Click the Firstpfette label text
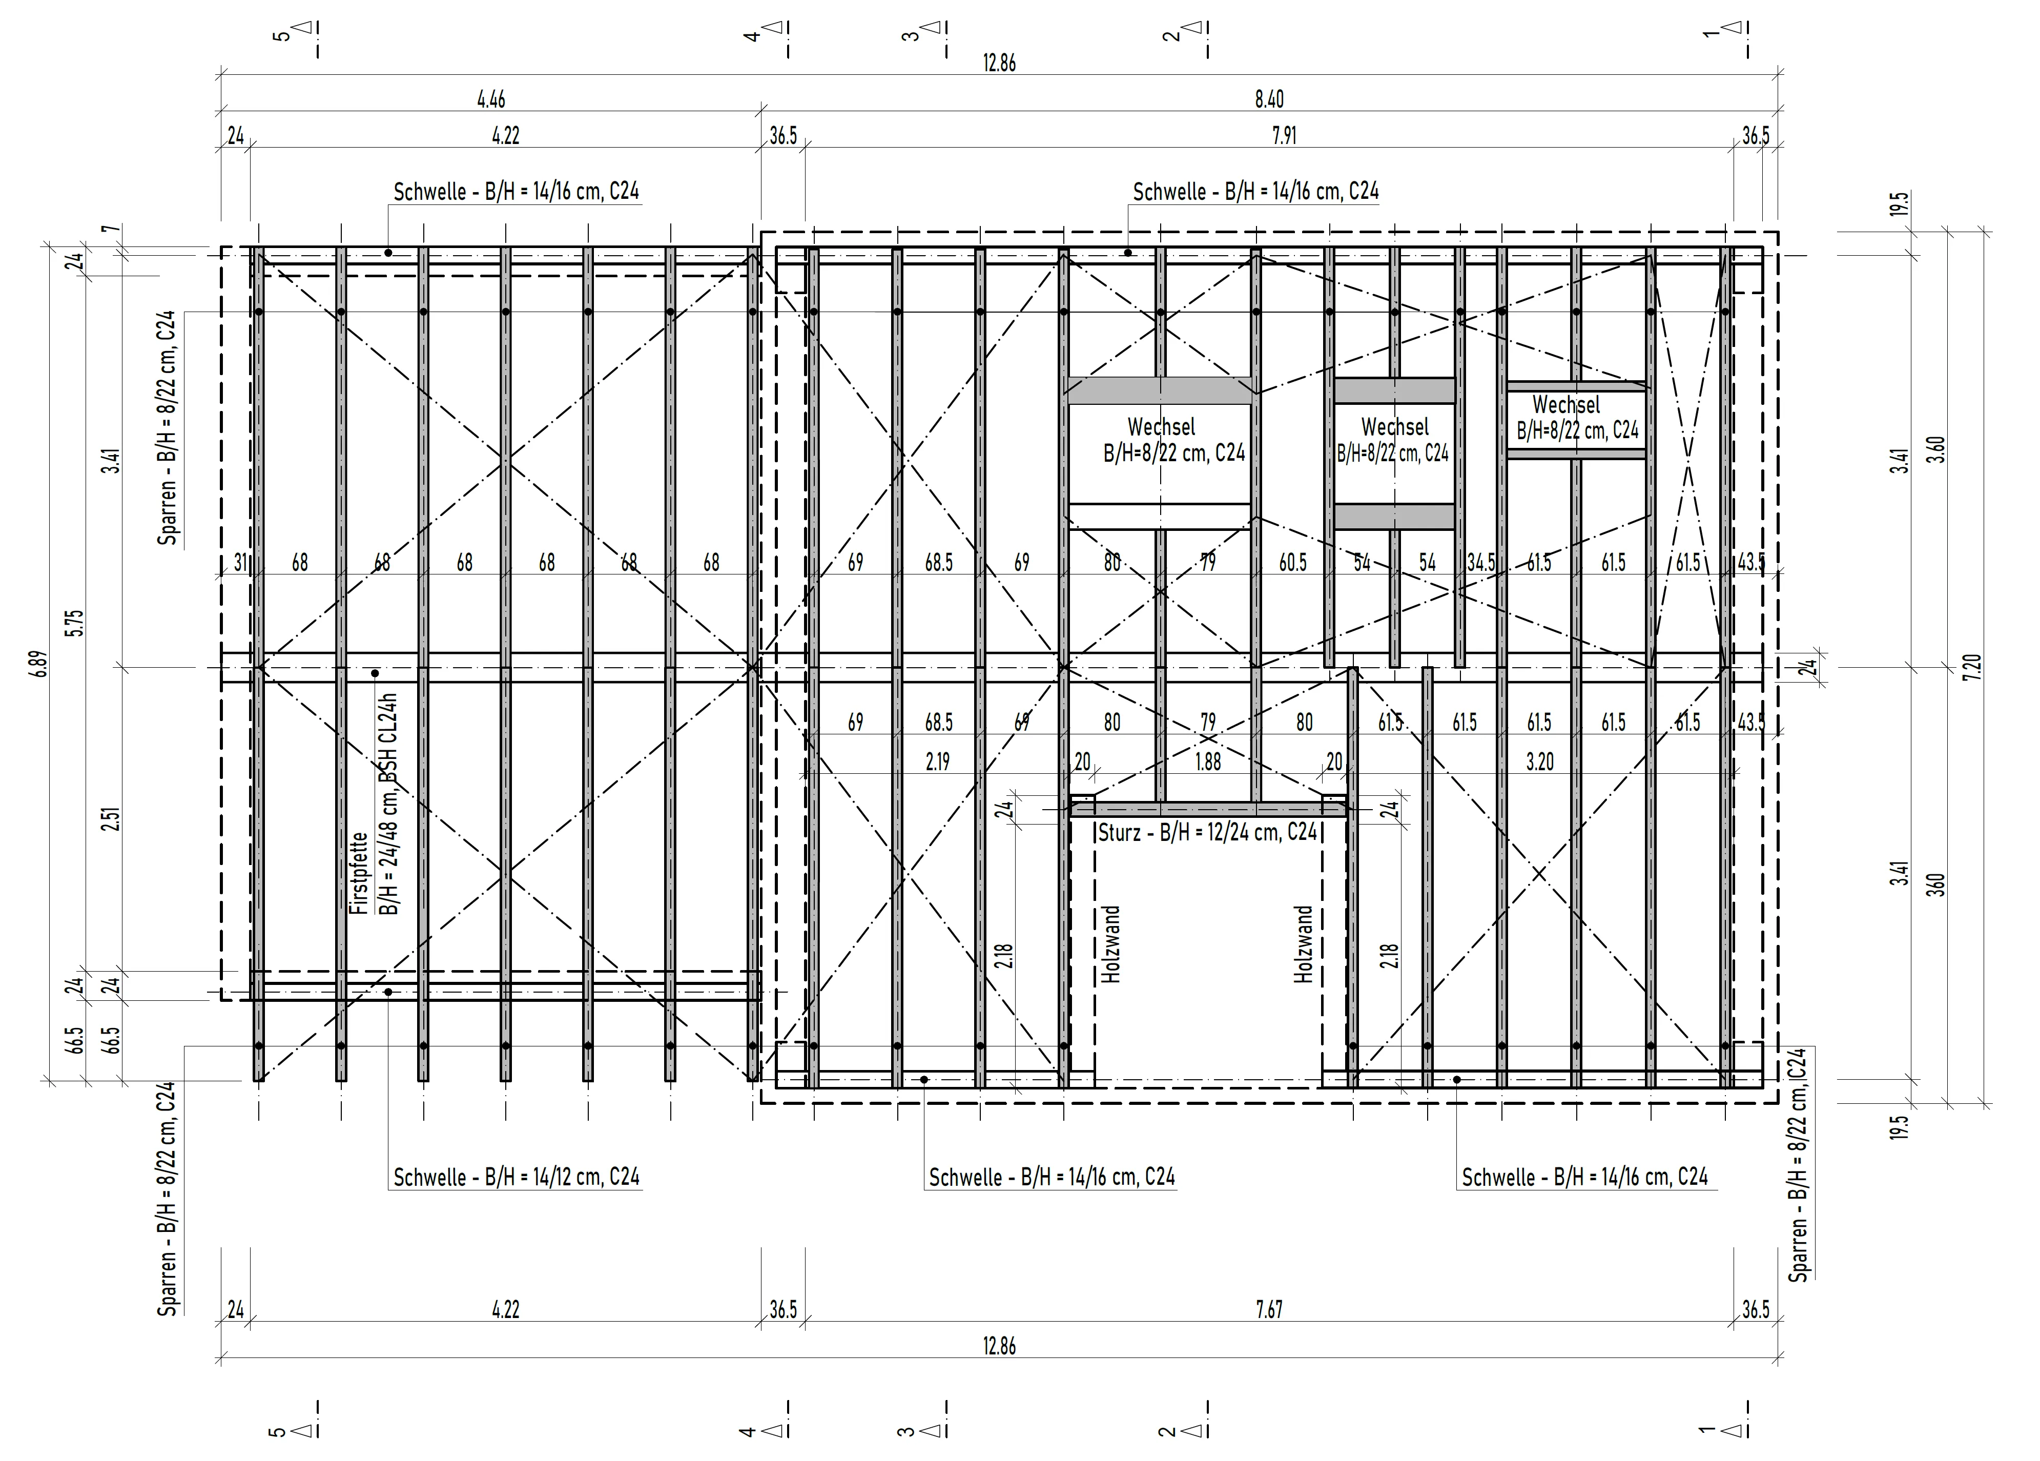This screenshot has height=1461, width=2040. pyautogui.click(x=359, y=873)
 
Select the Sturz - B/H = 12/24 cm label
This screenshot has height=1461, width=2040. pyautogui.click(x=1208, y=832)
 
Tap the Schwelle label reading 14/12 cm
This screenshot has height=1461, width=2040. pyautogui.click(x=517, y=1177)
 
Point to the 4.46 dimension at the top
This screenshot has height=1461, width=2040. pyautogui.click(x=491, y=99)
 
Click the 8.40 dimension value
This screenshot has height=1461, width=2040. pyautogui.click(x=1269, y=99)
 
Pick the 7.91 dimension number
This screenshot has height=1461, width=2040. pyautogui.click(x=1285, y=136)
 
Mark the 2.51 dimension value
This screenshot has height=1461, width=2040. pyautogui.click(x=112, y=819)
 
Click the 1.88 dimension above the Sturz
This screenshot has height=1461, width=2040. pyautogui.click(x=1208, y=762)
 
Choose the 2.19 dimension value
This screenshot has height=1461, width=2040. pyautogui.click(x=937, y=762)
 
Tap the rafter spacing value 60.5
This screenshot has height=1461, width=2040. pyautogui.click(x=1292, y=562)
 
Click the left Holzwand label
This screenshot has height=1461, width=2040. pyautogui.click(x=1112, y=944)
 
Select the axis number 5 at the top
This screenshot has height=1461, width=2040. pyautogui.click(x=281, y=35)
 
